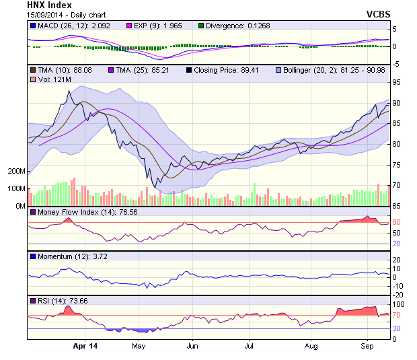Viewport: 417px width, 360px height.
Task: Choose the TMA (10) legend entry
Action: coord(55,69)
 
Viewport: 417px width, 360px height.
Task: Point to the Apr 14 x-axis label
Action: coord(85,346)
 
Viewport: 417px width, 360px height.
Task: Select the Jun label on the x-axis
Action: coord(192,346)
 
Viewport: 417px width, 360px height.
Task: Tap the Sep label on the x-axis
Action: coord(367,346)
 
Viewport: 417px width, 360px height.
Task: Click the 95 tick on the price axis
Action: coord(397,82)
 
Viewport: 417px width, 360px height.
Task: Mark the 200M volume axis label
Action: coord(16,171)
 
